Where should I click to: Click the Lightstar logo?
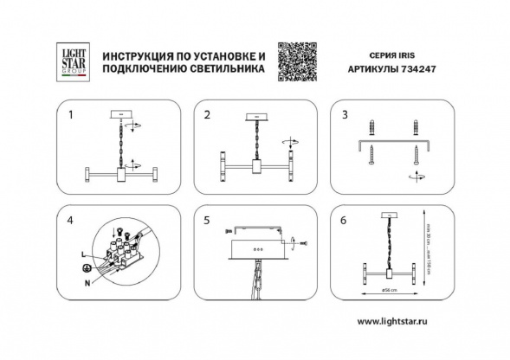72,60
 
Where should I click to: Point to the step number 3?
344,114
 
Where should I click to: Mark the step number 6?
344,221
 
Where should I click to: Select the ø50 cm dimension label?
390,289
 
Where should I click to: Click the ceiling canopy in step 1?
120,113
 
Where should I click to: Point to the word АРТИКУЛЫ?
373,74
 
